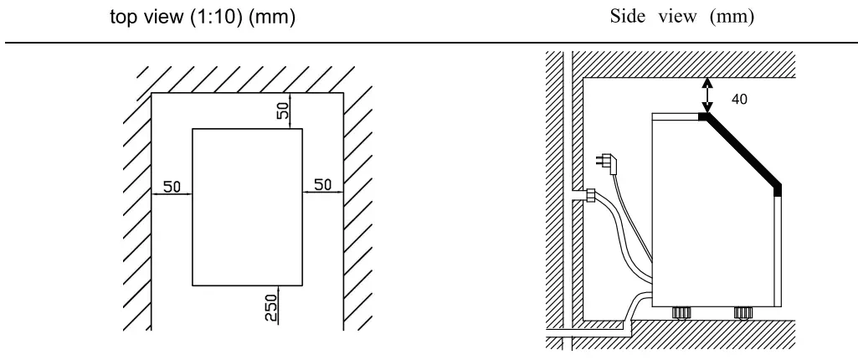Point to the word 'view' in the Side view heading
tap(676, 18)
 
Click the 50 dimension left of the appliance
tap(172, 186)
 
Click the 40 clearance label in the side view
tap(738, 98)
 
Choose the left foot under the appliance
tap(681, 312)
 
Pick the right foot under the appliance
tap(742, 312)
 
